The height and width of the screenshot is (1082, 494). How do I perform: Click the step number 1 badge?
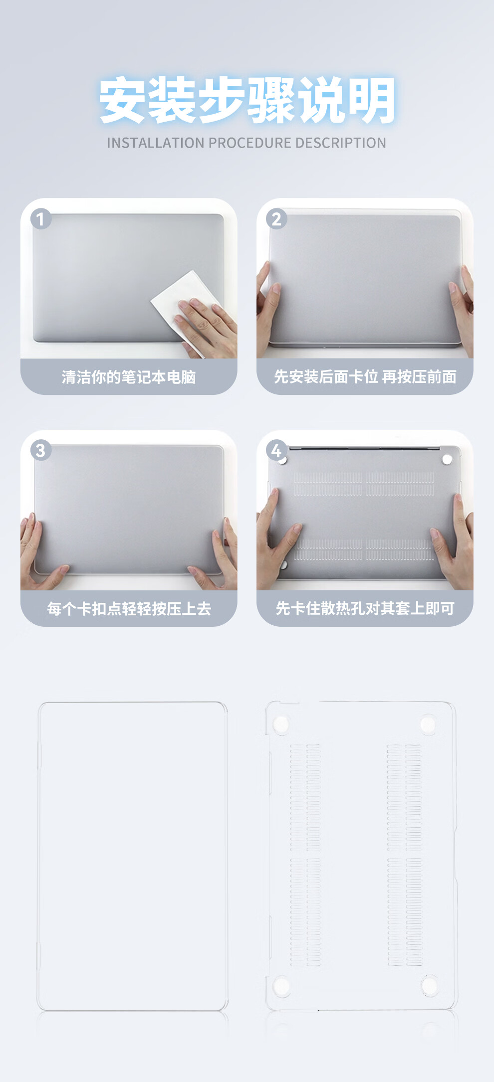click(x=41, y=219)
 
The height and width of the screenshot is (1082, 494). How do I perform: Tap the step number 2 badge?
click(x=276, y=219)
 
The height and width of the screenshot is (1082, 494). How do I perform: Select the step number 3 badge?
click(x=41, y=450)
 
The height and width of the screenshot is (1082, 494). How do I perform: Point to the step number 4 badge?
click(x=276, y=450)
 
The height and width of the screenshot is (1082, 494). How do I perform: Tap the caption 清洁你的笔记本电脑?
click(x=129, y=377)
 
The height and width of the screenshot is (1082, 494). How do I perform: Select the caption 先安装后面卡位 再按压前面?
click(x=365, y=377)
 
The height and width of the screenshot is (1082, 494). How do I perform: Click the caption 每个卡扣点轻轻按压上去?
click(x=129, y=608)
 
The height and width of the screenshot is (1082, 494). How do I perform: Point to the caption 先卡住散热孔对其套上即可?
click(x=365, y=608)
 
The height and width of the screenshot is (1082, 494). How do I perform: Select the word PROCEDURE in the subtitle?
click(x=250, y=143)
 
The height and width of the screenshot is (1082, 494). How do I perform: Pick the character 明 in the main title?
click(x=372, y=100)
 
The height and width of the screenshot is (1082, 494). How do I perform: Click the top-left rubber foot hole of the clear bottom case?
click(x=280, y=724)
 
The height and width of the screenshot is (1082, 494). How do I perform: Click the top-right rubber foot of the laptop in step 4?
click(x=447, y=459)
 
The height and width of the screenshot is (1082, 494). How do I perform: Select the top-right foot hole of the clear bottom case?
click(x=428, y=724)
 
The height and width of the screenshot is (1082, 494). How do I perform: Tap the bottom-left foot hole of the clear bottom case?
click(x=281, y=986)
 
